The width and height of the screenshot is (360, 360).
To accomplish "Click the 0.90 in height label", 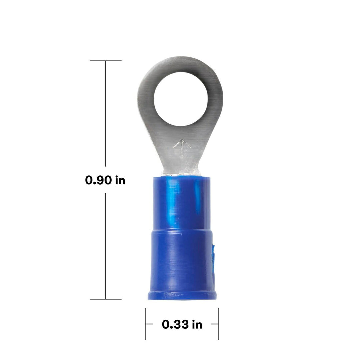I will [105, 180].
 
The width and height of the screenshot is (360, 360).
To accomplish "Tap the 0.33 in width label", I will [182, 324].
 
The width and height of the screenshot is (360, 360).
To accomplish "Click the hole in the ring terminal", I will [180, 99].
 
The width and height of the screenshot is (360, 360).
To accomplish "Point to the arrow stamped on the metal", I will [182, 147].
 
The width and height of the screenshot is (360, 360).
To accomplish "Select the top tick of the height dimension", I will [106, 61].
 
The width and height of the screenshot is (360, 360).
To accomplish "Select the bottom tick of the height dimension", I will [106, 299].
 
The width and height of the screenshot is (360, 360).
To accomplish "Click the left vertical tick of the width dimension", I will [146, 324].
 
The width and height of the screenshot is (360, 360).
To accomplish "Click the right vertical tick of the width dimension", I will [218, 324].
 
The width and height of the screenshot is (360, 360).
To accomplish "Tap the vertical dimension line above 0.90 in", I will [106, 113].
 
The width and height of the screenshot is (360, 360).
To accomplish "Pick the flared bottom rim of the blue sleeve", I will [182, 295].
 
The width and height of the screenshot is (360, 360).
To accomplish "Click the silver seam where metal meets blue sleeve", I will [182, 173].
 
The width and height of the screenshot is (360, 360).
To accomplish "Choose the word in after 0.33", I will [197, 324].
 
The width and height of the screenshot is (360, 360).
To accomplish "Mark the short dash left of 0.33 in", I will [150, 324].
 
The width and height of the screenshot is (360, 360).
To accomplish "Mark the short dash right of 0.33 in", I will [215, 324].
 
